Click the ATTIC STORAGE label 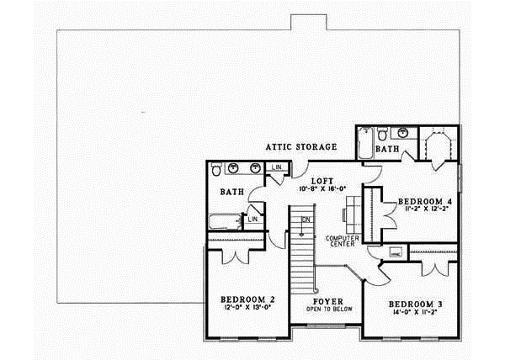pyautogui.click(x=301, y=147)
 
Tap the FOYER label pyautogui.click(x=327, y=299)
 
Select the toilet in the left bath pyautogui.click(x=217, y=170)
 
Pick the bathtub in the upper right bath pyautogui.click(x=364, y=145)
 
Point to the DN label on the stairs pyautogui.click(x=306, y=220)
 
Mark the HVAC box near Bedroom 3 pyautogui.click(x=395, y=252)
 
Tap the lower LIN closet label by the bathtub pyautogui.click(x=252, y=220)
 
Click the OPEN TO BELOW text pyautogui.click(x=327, y=308)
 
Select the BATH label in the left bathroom pyautogui.click(x=232, y=192)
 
